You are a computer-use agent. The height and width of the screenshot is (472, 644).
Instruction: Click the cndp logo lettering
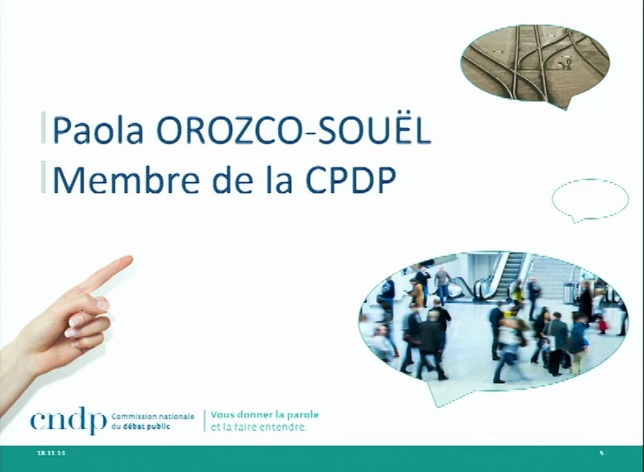click(67, 422)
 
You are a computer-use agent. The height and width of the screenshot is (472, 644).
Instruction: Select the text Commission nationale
click(153, 417)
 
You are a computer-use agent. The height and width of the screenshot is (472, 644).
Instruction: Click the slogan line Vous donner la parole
click(265, 416)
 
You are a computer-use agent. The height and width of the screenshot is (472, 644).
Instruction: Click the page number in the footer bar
click(601, 453)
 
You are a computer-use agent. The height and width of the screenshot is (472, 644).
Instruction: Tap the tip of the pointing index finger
click(129, 260)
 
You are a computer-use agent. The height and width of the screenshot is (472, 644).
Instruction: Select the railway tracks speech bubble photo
click(534, 62)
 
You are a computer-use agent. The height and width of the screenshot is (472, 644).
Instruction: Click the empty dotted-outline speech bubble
click(590, 199)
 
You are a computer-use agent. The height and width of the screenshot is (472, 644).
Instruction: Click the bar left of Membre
click(44, 178)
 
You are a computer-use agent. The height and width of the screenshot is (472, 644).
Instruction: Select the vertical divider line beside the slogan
click(204, 422)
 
